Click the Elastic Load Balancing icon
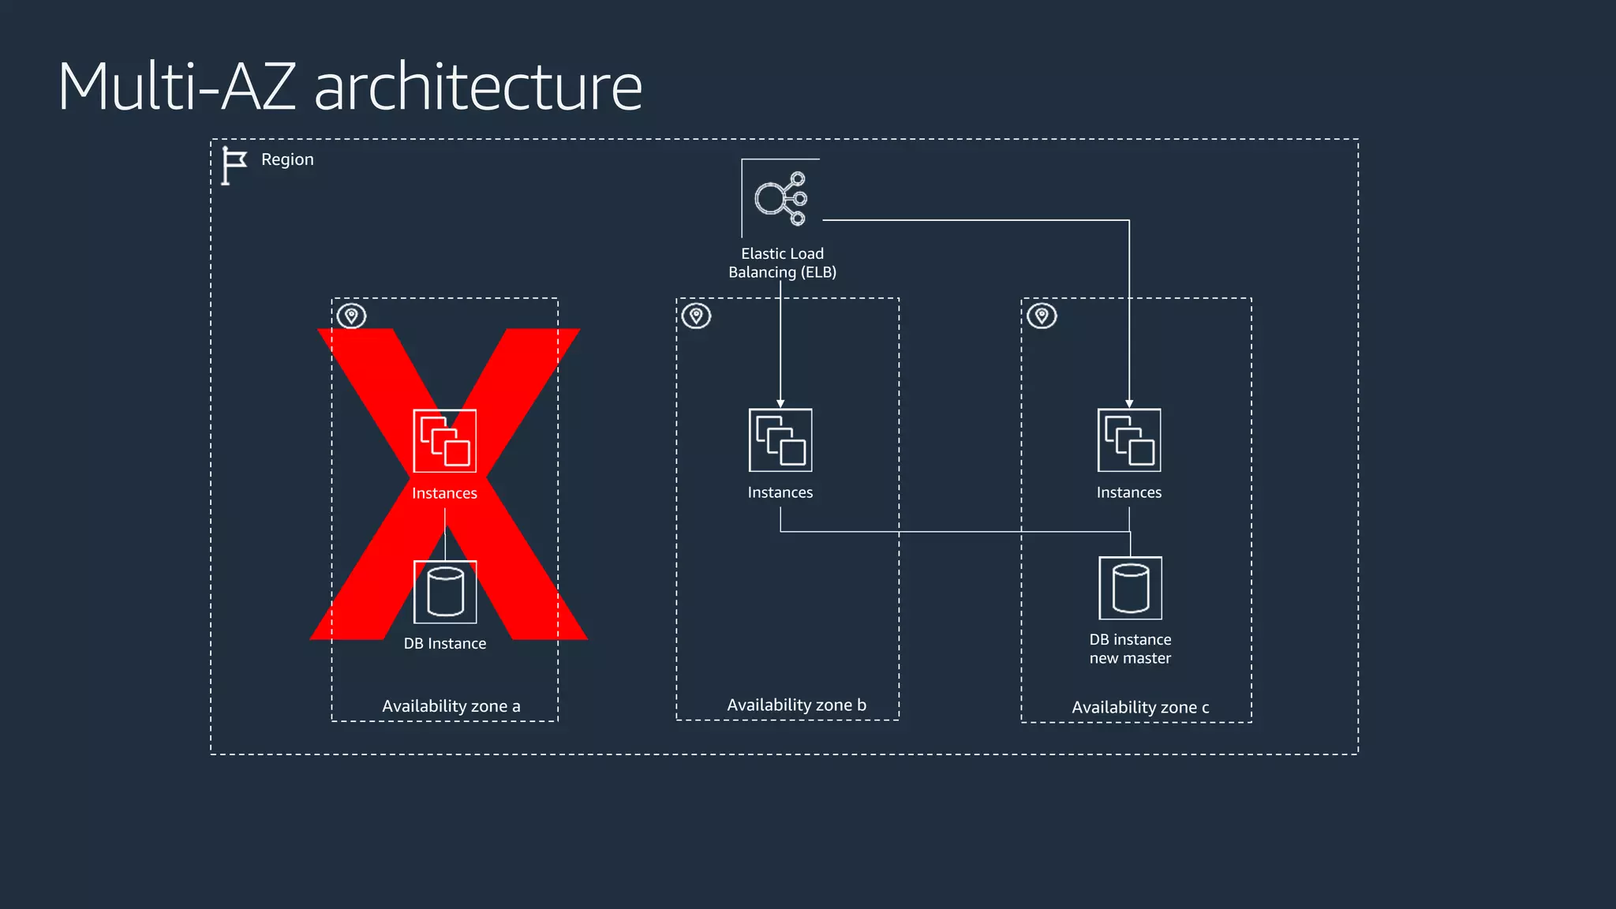[780, 198]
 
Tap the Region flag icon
[234, 166]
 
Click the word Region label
[287, 159]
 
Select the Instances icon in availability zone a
[445, 441]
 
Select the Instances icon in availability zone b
[780, 440]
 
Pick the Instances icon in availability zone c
[1129, 440]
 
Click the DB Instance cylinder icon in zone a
[445, 592]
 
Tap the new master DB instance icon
[1130, 589]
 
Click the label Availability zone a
[451, 706]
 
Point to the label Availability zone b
[796, 705]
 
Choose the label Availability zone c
[1140, 708]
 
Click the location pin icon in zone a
[352, 316]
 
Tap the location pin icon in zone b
[697, 316]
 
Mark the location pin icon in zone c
[1042, 316]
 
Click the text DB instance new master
[1130, 649]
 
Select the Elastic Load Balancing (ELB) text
[782, 263]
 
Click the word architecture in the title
[478, 87]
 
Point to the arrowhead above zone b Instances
[780, 403]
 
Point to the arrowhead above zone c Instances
[1129, 403]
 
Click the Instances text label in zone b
[780, 492]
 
